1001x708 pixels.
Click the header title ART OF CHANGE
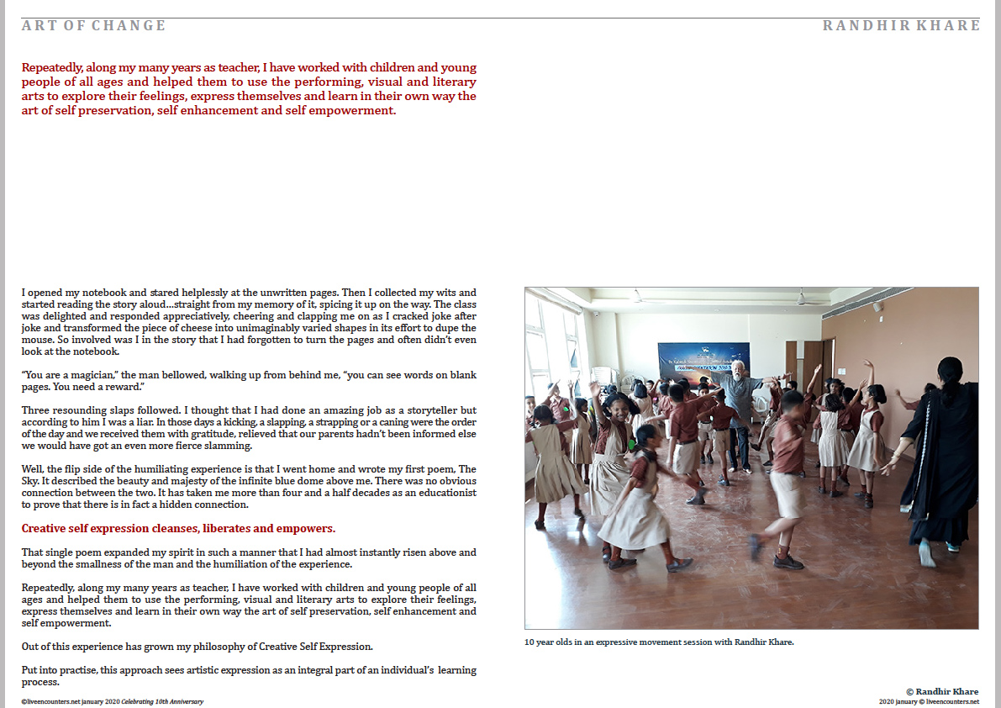[x=94, y=25]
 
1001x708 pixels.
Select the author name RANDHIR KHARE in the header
[x=901, y=25]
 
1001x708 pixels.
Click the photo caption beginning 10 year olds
[x=659, y=642]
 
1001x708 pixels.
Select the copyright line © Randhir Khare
[x=942, y=691]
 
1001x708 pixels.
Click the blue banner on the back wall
[x=703, y=362]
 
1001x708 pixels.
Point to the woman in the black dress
[x=940, y=454]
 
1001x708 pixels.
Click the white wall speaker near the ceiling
[x=877, y=307]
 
